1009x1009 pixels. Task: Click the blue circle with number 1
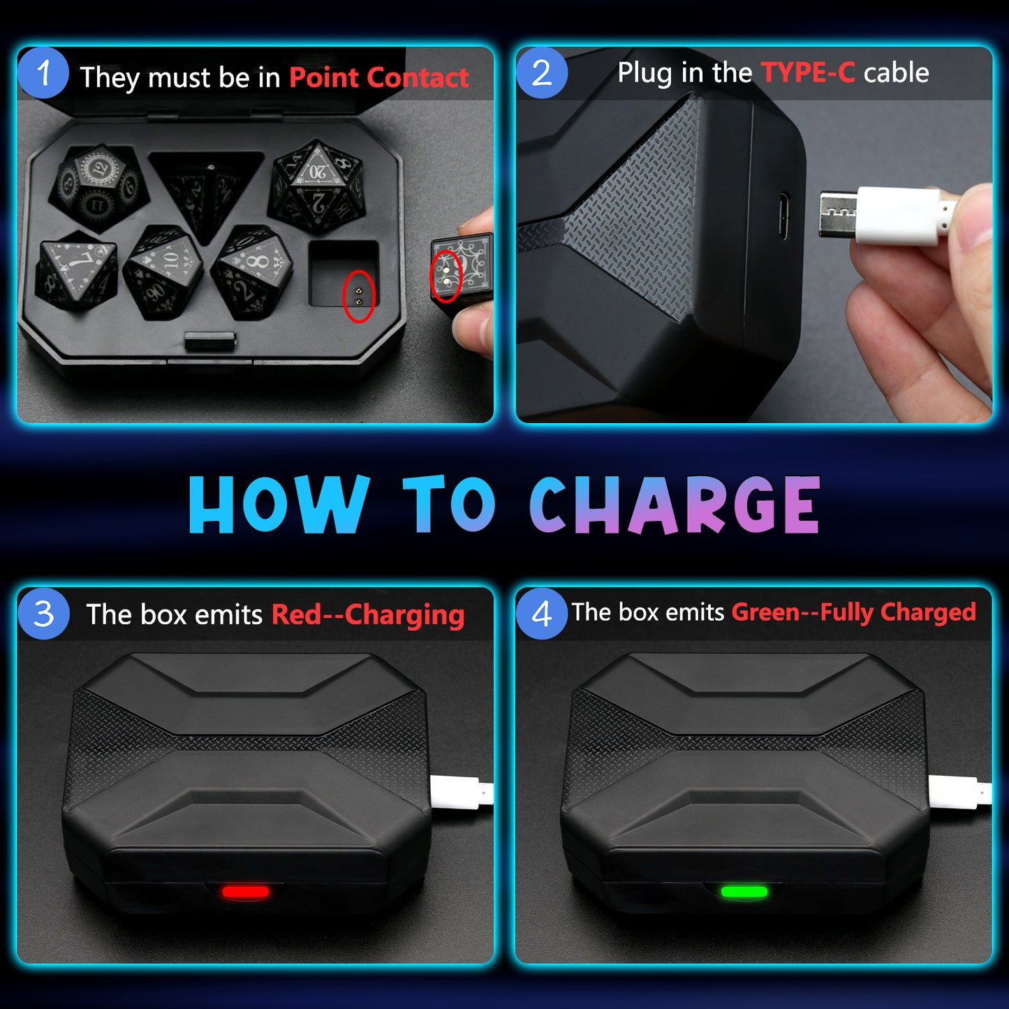pyautogui.click(x=43, y=73)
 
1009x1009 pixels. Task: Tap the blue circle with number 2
pyautogui.click(x=542, y=73)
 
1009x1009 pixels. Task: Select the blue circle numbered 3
pyautogui.click(x=43, y=614)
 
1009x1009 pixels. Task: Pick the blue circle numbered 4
pyautogui.click(x=542, y=614)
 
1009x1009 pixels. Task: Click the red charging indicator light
pyautogui.click(x=246, y=892)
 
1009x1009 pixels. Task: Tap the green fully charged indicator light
pyautogui.click(x=744, y=892)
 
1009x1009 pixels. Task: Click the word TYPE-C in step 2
pyautogui.click(x=808, y=72)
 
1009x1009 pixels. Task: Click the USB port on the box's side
pyautogui.click(x=783, y=216)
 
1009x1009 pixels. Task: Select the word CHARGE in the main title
pyautogui.click(x=675, y=505)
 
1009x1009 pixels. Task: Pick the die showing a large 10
pyautogui.click(x=163, y=270)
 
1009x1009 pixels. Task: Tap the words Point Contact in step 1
pyautogui.click(x=378, y=78)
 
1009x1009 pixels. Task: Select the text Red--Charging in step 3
pyautogui.click(x=368, y=614)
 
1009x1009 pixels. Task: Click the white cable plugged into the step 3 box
pyautogui.click(x=462, y=792)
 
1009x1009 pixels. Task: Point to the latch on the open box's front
pyautogui.click(x=210, y=341)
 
